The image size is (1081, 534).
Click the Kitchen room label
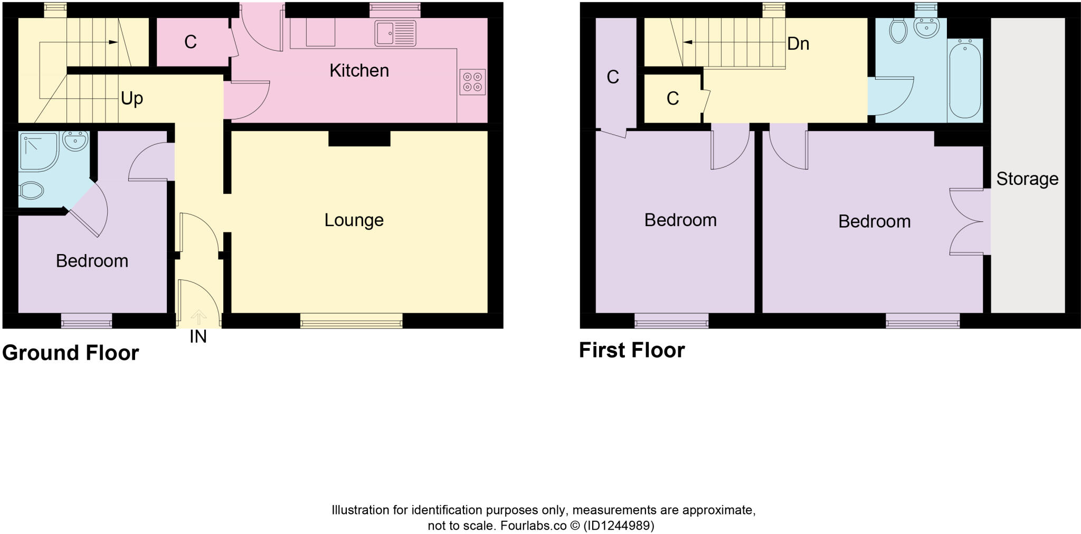359,70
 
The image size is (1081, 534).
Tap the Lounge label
354,220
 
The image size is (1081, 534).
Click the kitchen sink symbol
395,33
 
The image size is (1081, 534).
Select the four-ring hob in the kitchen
472,82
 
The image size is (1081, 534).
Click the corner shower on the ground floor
39,152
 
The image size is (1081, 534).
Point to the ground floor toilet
31,191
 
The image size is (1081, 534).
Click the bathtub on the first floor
965,81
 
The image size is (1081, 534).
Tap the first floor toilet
898,31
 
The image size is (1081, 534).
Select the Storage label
1027,179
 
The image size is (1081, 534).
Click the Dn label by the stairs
798,43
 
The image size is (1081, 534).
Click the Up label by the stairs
132,98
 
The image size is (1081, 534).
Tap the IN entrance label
198,337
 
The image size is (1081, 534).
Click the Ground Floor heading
71,353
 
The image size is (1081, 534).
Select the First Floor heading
632,350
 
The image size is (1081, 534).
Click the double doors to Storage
969,222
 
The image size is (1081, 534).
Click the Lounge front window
352,320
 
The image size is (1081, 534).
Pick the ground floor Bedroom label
92,261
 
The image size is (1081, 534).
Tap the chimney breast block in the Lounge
359,138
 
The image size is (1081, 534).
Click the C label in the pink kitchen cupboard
191,42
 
